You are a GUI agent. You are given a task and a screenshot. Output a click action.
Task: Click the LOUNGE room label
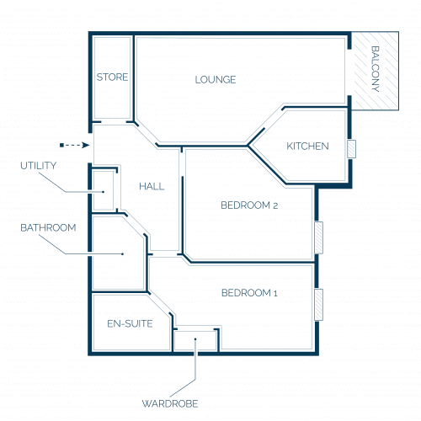click(216, 80)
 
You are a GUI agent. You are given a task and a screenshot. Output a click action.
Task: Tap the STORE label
click(112, 77)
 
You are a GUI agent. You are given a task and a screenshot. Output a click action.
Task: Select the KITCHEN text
click(307, 146)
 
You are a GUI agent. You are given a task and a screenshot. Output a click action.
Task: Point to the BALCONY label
click(376, 69)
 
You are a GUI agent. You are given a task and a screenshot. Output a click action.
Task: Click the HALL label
click(152, 186)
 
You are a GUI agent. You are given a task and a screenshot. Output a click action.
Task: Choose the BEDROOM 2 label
click(249, 205)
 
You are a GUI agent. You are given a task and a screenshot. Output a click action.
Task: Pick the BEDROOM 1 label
click(249, 293)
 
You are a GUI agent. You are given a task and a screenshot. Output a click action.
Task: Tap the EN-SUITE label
click(130, 324)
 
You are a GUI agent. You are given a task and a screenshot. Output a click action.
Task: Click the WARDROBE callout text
click(170, 403)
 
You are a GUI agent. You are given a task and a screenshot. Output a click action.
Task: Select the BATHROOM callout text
click(48, 227)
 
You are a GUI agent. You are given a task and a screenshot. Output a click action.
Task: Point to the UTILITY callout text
click(39, 166)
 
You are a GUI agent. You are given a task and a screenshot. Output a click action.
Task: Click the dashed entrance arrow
click(75, 145)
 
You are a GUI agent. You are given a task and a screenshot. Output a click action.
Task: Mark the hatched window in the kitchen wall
click(351, 149)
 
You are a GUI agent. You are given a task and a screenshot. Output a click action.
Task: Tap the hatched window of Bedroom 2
click(318, 237)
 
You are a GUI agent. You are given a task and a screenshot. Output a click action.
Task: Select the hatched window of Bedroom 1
click(318, 305)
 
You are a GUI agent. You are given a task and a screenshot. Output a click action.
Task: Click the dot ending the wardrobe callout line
click(195, 339)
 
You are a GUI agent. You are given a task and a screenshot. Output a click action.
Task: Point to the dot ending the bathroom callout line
click(123, 254)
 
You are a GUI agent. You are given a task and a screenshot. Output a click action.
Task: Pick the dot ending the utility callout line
click(104, 192)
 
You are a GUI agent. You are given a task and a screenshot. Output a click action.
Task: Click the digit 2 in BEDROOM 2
click(275, 205)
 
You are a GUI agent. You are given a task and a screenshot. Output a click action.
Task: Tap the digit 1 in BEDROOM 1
click(275, 293)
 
